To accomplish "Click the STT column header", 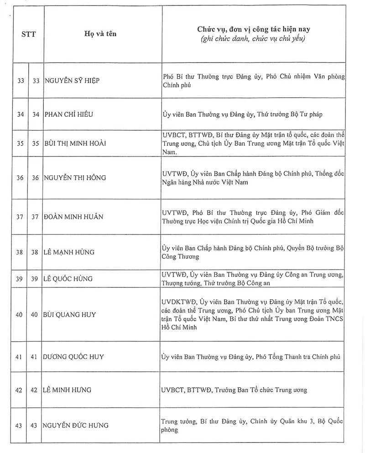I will (28, 34).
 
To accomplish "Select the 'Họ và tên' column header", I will (100, 34).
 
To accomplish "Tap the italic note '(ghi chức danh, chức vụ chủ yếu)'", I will (253, 39).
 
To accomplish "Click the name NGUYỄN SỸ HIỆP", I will (72, 81).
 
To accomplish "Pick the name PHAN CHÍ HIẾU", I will (68, 114).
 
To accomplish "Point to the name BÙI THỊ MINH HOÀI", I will (75, 143).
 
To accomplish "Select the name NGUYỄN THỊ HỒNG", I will (75, 177).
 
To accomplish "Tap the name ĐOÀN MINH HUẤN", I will (73, 217).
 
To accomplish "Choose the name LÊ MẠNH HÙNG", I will (69, 252).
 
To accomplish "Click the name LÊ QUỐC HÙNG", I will (68, 279).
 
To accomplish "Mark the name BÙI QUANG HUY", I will (70, 314).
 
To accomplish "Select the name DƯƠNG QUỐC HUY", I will (73, 357).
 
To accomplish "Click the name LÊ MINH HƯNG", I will (68, 390).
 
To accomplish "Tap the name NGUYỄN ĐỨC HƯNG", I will (76, 426).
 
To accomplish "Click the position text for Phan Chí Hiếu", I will (242, 114).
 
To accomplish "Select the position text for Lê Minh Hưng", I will (235, 390).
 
